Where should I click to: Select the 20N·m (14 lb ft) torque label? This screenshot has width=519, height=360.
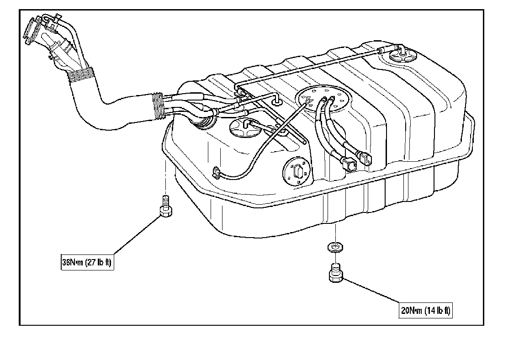point(426,311)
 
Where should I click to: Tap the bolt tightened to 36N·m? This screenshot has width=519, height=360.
point(165,211)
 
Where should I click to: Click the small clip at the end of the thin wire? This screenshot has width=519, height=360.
point(217,173)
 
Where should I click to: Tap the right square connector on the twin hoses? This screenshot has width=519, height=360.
point(367,159)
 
